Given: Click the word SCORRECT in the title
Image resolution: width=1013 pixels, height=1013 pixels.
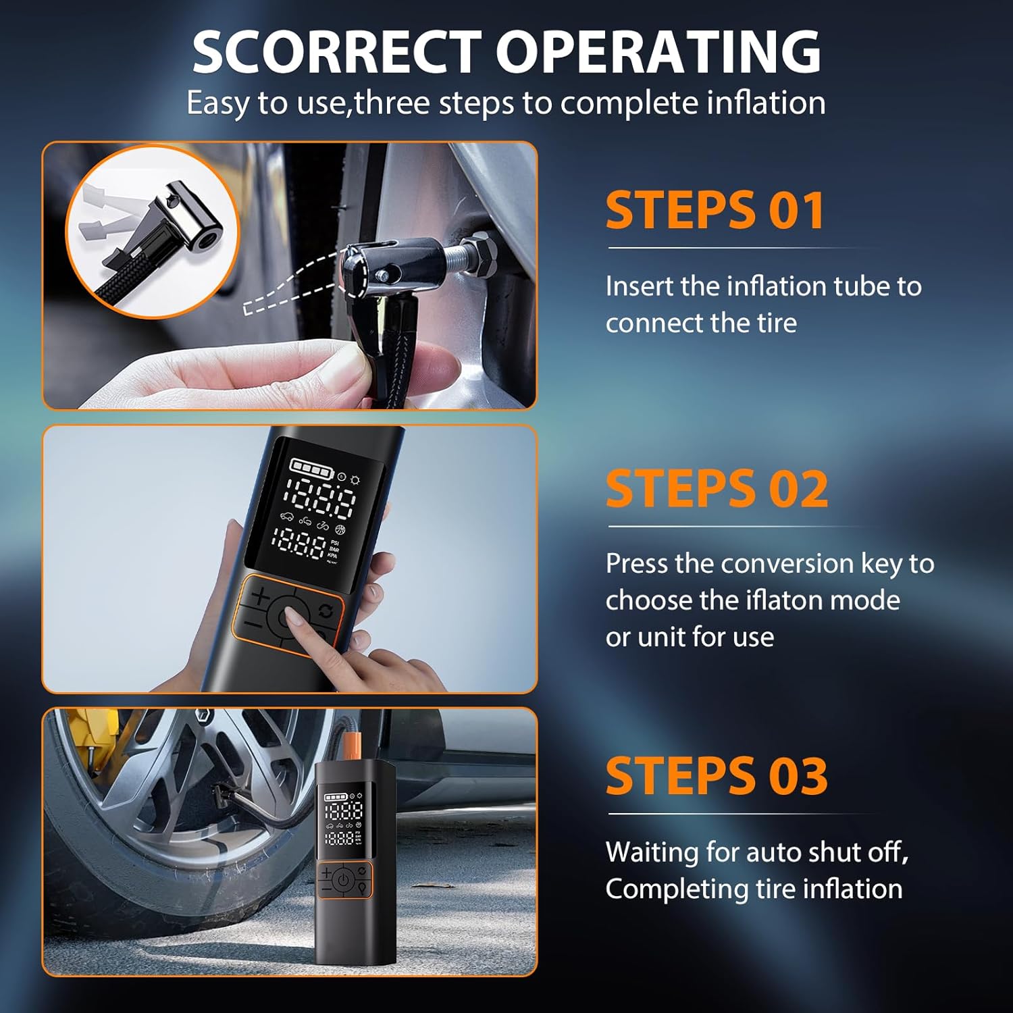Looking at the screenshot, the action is [336, 52].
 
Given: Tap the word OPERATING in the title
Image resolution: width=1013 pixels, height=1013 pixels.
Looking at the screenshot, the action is [658, 52].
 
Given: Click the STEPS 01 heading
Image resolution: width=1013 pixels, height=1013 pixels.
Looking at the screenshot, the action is [715, 210].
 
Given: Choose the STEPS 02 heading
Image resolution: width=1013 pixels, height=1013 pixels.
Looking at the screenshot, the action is [717, 488].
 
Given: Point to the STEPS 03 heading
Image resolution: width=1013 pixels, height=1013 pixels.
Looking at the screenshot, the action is [717, 775].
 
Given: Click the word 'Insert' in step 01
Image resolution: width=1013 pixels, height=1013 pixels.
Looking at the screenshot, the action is [640, 286].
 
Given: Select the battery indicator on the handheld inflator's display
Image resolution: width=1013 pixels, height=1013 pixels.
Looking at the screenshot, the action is [311, 467].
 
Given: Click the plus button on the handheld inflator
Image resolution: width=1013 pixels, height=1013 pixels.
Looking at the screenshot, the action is [261, 596].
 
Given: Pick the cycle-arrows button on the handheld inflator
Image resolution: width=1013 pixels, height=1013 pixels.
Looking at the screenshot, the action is [326, 611].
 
